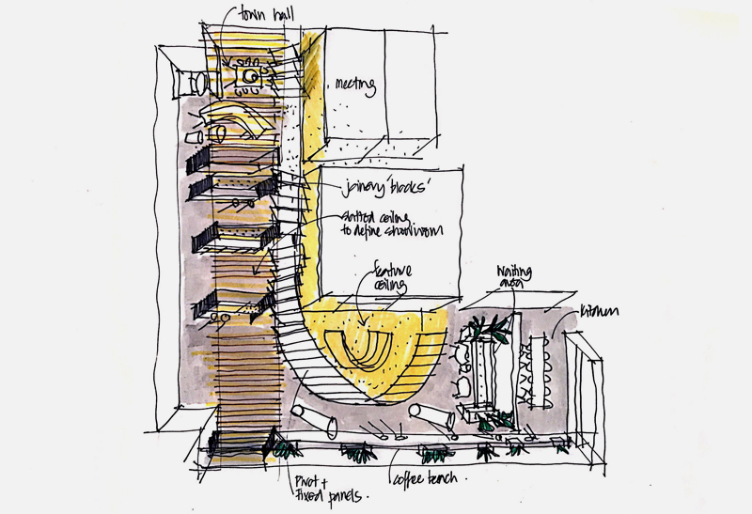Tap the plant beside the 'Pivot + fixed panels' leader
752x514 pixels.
(283, 448)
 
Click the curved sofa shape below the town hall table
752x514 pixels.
(238, 121)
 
